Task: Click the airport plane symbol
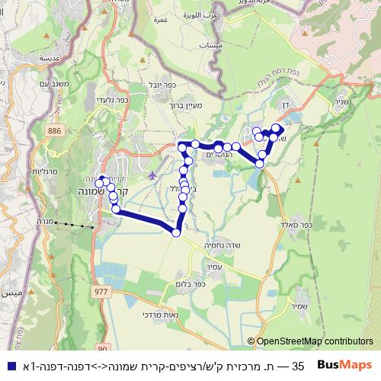pos(153,176)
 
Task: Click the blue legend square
pos(8,367)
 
